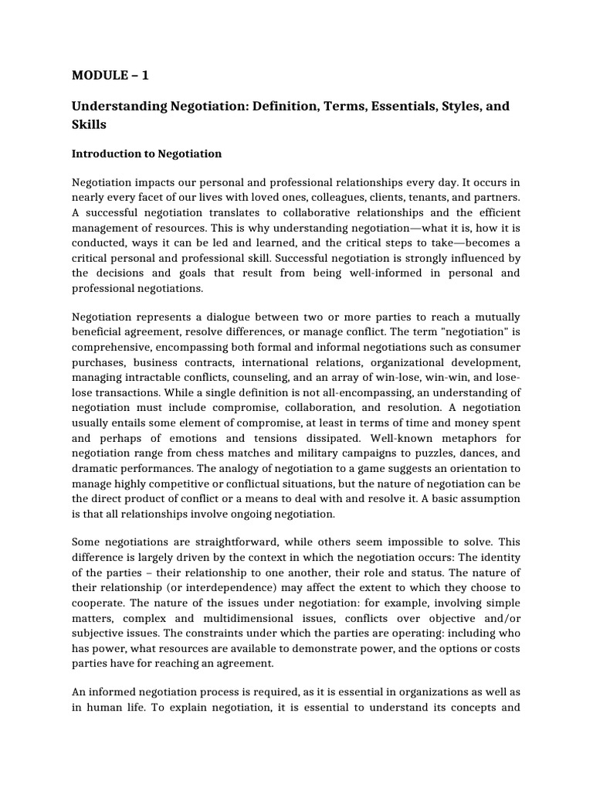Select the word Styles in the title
click(x=458, y=106)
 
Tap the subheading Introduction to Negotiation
click(x=147, y=154)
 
